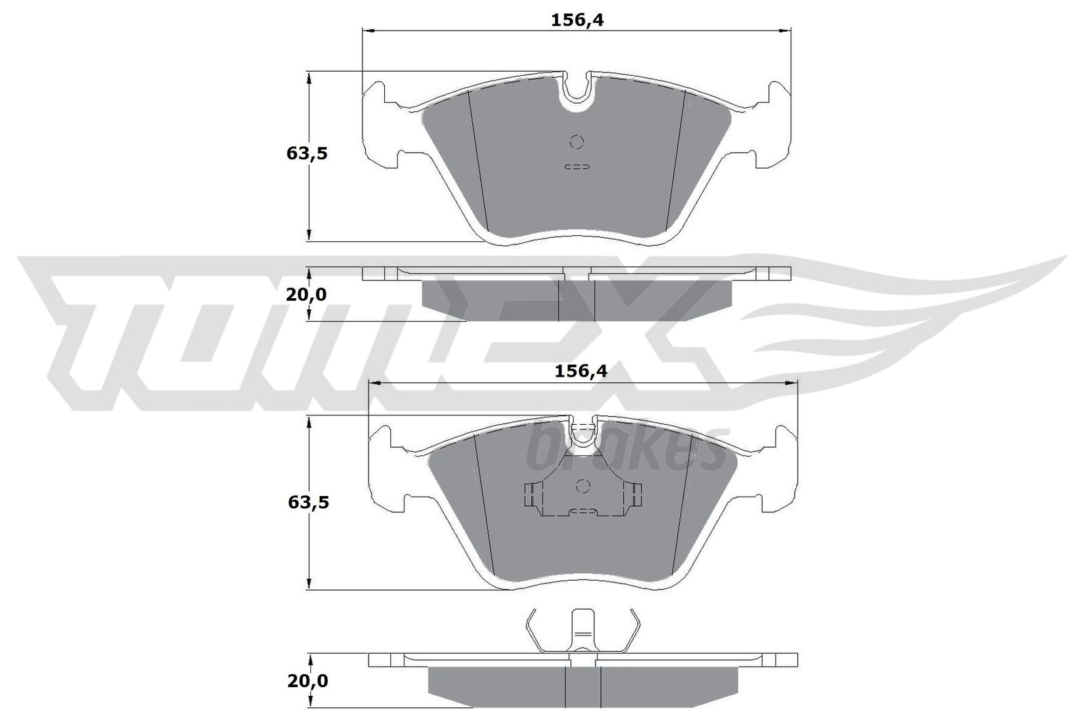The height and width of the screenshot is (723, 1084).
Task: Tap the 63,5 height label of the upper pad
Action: coord(307,154)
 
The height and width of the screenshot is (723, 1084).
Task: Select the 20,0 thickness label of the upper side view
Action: coord(306,295)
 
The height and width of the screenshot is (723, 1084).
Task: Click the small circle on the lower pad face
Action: coord(583,486)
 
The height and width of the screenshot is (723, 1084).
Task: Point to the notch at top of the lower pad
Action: coord(583,435)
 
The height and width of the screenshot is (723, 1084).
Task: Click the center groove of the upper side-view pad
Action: coord(576,300)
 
